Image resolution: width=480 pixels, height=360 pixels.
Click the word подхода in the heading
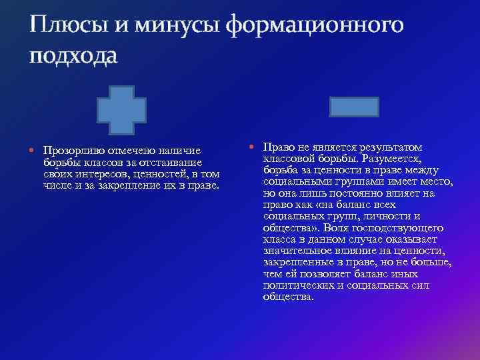pos(73,56)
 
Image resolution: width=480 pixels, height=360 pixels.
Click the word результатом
pos(396,147)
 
